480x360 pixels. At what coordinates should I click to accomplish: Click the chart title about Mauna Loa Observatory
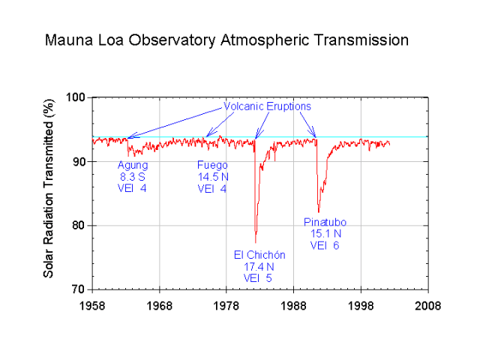pos(226,40)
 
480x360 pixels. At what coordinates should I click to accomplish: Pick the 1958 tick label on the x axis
pos(92,306)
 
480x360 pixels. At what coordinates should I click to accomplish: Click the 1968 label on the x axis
pos(160,306)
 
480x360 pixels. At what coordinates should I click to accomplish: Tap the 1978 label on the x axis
pos(226,306)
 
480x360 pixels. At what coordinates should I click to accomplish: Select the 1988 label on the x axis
pos(294,306)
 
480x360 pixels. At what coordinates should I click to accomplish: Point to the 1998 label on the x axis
pos(361,306)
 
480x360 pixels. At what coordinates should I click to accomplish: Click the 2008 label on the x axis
pos(428,306)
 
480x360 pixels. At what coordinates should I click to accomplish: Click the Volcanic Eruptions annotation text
pos(267,106)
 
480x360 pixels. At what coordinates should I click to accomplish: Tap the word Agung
pos(133,165)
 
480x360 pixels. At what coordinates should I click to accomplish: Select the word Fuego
pos(212,165)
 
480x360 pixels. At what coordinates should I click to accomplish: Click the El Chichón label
pos(259,255)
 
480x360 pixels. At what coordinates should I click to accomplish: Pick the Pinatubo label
pos(325,222)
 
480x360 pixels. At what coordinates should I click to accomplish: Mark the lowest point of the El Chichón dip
pos(256,241)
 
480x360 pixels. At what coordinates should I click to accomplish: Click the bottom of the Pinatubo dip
pos(319,212)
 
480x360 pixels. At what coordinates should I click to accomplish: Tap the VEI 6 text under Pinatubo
pos(325,245)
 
